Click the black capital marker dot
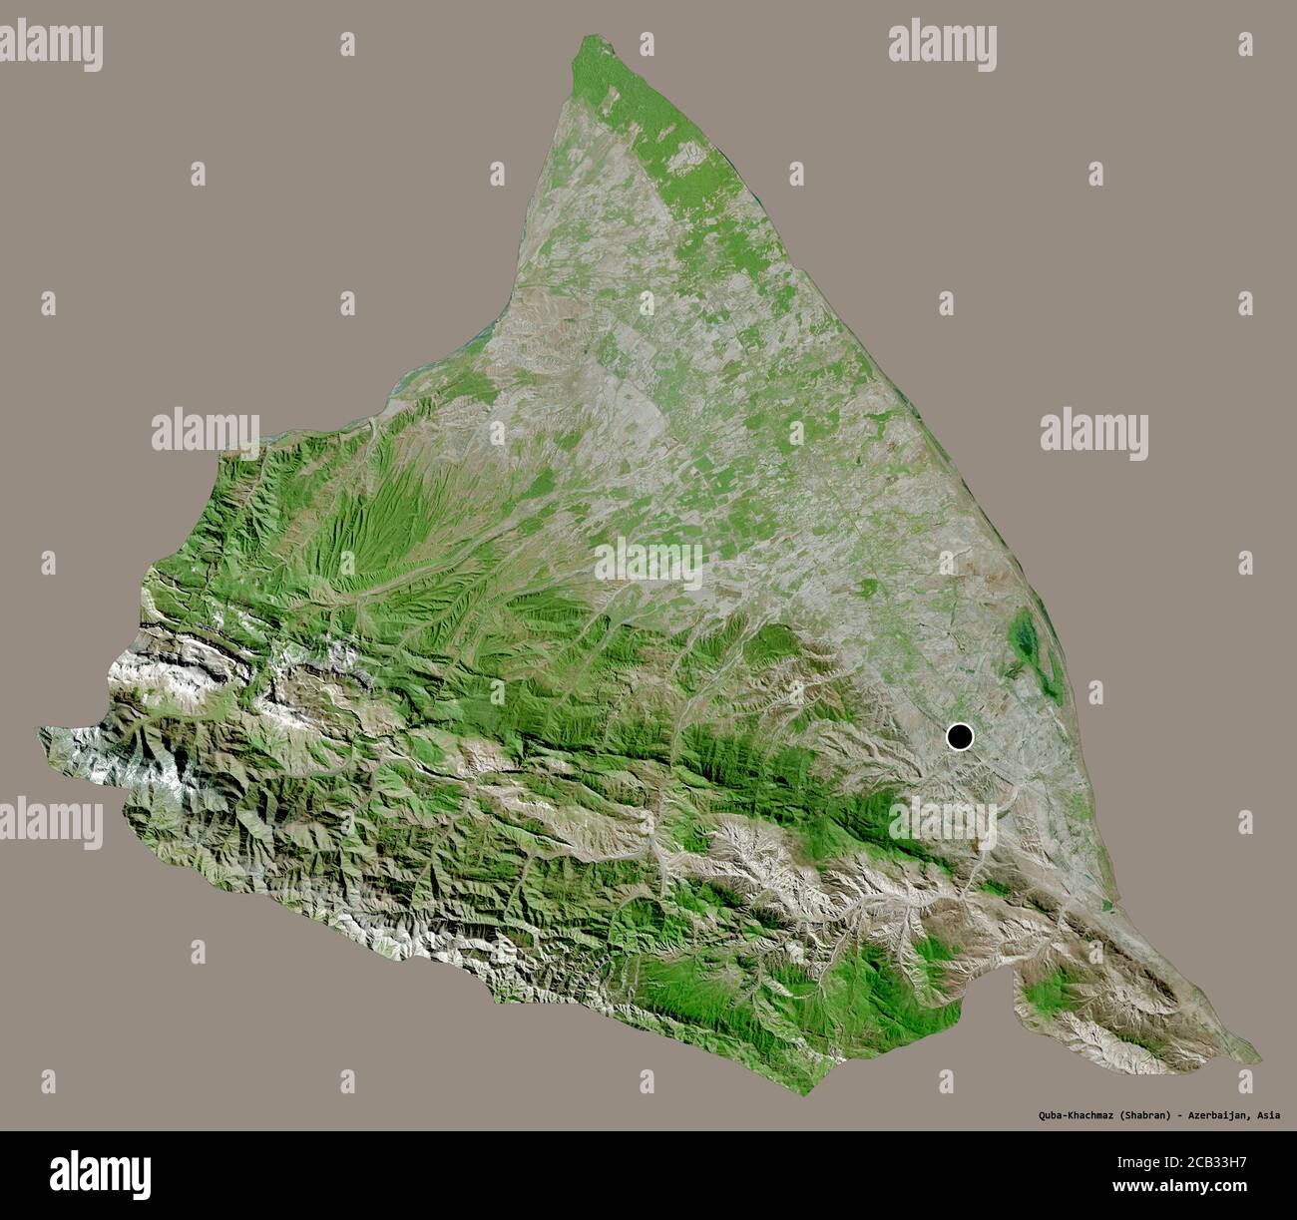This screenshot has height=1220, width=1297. [959, 737]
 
